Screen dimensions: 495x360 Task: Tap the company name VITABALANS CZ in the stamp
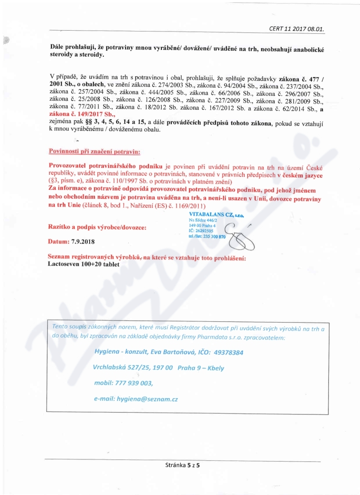point(216,216)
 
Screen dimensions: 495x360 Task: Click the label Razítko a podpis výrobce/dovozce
point(97,228)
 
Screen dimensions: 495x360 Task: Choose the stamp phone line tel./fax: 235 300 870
point(207,237)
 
